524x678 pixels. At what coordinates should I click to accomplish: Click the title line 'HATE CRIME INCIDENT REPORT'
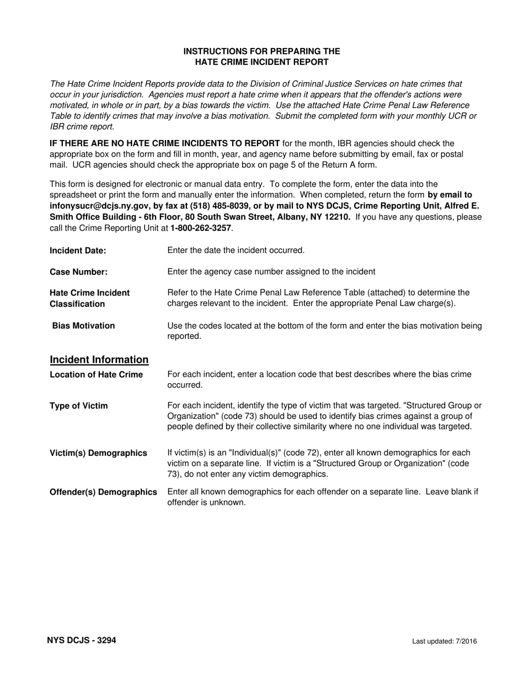coord(261,62)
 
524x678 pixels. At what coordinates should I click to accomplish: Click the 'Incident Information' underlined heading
coord(99,360)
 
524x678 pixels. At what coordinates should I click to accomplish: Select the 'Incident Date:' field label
coord(78,250)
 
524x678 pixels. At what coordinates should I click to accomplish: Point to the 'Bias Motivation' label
coord(83,326)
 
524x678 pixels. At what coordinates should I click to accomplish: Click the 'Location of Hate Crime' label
coord(97,375)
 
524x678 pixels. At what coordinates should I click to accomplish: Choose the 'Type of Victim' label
coord(79,406)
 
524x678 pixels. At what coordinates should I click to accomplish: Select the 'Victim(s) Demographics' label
coord(99,453)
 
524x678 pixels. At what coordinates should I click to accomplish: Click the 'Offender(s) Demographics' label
coord(104,492)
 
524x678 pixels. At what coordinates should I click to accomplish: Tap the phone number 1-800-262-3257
coord(201,228)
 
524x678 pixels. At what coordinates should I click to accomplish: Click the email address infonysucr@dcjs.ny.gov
coord(98,206)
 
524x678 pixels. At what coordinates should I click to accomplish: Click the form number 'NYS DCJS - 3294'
coord(82,641)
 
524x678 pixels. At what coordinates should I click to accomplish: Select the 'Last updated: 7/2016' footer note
coord(445,641)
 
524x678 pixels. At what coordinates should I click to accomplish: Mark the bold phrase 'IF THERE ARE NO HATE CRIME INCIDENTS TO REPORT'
coord(164,144)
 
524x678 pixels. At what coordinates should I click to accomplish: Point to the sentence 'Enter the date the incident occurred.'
coord(236,250)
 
